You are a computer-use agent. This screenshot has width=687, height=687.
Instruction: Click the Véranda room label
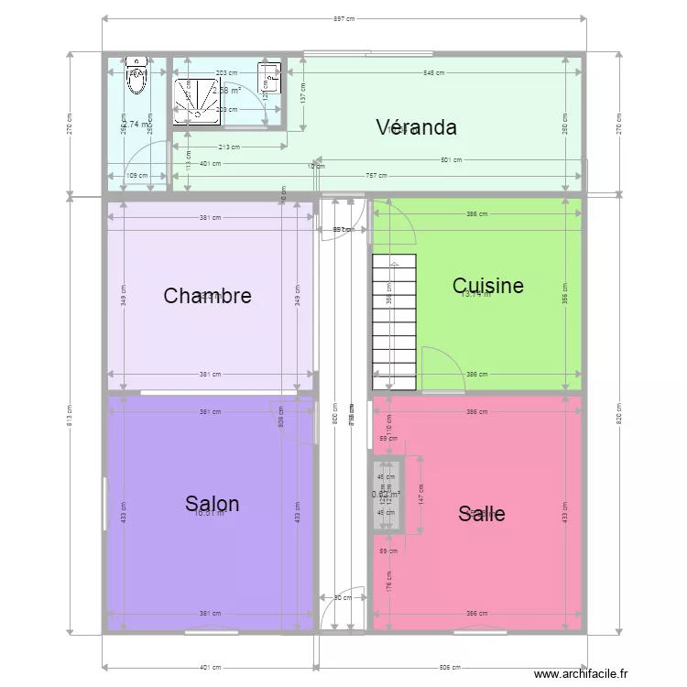click(x=416, y=127)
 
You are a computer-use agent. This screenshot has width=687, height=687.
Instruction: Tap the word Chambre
click(x=207, y=296)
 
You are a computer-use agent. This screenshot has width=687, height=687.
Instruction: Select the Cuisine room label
click(x=488, y=286)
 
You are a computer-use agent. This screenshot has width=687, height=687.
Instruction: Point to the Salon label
click(x=212, y=504)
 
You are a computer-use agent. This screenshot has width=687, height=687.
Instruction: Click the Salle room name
click(x=482, y=514)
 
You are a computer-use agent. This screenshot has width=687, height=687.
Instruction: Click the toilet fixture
click(x=137, y=80)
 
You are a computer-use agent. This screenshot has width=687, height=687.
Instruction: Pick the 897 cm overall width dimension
click(x=343, y=18)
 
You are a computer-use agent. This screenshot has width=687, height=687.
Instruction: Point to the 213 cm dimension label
click(x=229, y=147)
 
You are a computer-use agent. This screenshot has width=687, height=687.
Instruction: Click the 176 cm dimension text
click(x=389, y=579)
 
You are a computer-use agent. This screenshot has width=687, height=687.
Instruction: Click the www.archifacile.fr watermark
click(x=582, y=673)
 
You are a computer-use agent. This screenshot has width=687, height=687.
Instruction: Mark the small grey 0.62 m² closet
click(x=387, y=495)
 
